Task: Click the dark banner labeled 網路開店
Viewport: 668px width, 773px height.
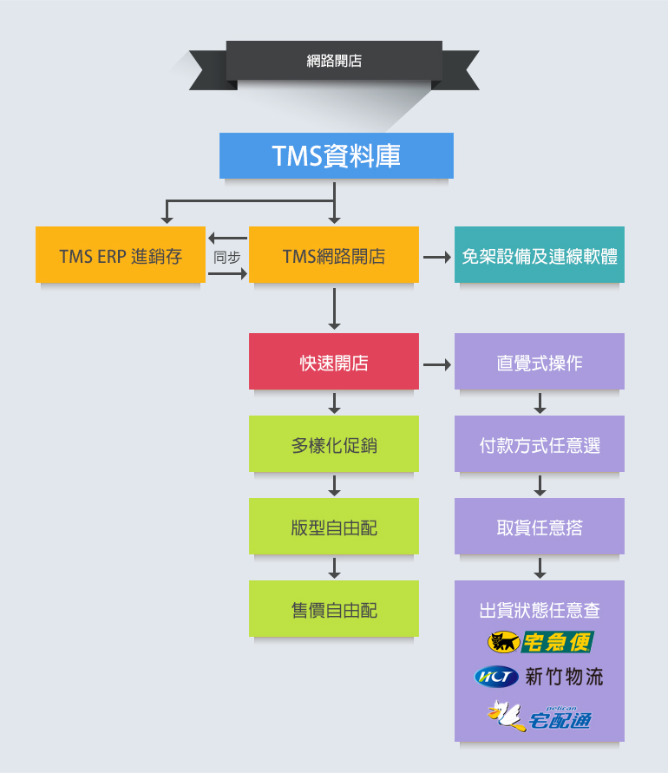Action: click(x=334, y=61)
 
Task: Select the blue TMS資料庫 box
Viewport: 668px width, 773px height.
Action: click(x=336, y=155)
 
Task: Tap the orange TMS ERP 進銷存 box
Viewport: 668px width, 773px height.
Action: click(x=121, y=255)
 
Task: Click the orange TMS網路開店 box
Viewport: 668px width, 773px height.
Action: click(x=334, y=255)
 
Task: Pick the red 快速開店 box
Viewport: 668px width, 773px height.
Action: click(x=334, y=362)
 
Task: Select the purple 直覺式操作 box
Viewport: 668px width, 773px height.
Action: click(x=540, y=362)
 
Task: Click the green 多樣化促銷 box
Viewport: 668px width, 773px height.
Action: click(x=334, y=444)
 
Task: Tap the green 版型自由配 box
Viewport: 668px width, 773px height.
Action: click(x=334, y=527)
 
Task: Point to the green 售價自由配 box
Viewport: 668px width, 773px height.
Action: click(x=334, y=609)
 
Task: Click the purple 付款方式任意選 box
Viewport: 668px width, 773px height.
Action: click(x=540, y=444)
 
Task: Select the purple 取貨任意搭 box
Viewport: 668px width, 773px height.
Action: click(x=540, y=527)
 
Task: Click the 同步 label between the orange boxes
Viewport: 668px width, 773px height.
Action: click(x=226, y=257)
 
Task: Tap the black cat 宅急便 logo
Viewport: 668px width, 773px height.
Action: click(x=540, y=642)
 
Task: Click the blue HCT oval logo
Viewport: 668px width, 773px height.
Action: click(x=496, y=676)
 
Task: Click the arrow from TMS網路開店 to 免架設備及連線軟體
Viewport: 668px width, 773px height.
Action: click(x=436, y=258)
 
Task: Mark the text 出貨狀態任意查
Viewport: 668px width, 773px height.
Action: click(x=540, y=610)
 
